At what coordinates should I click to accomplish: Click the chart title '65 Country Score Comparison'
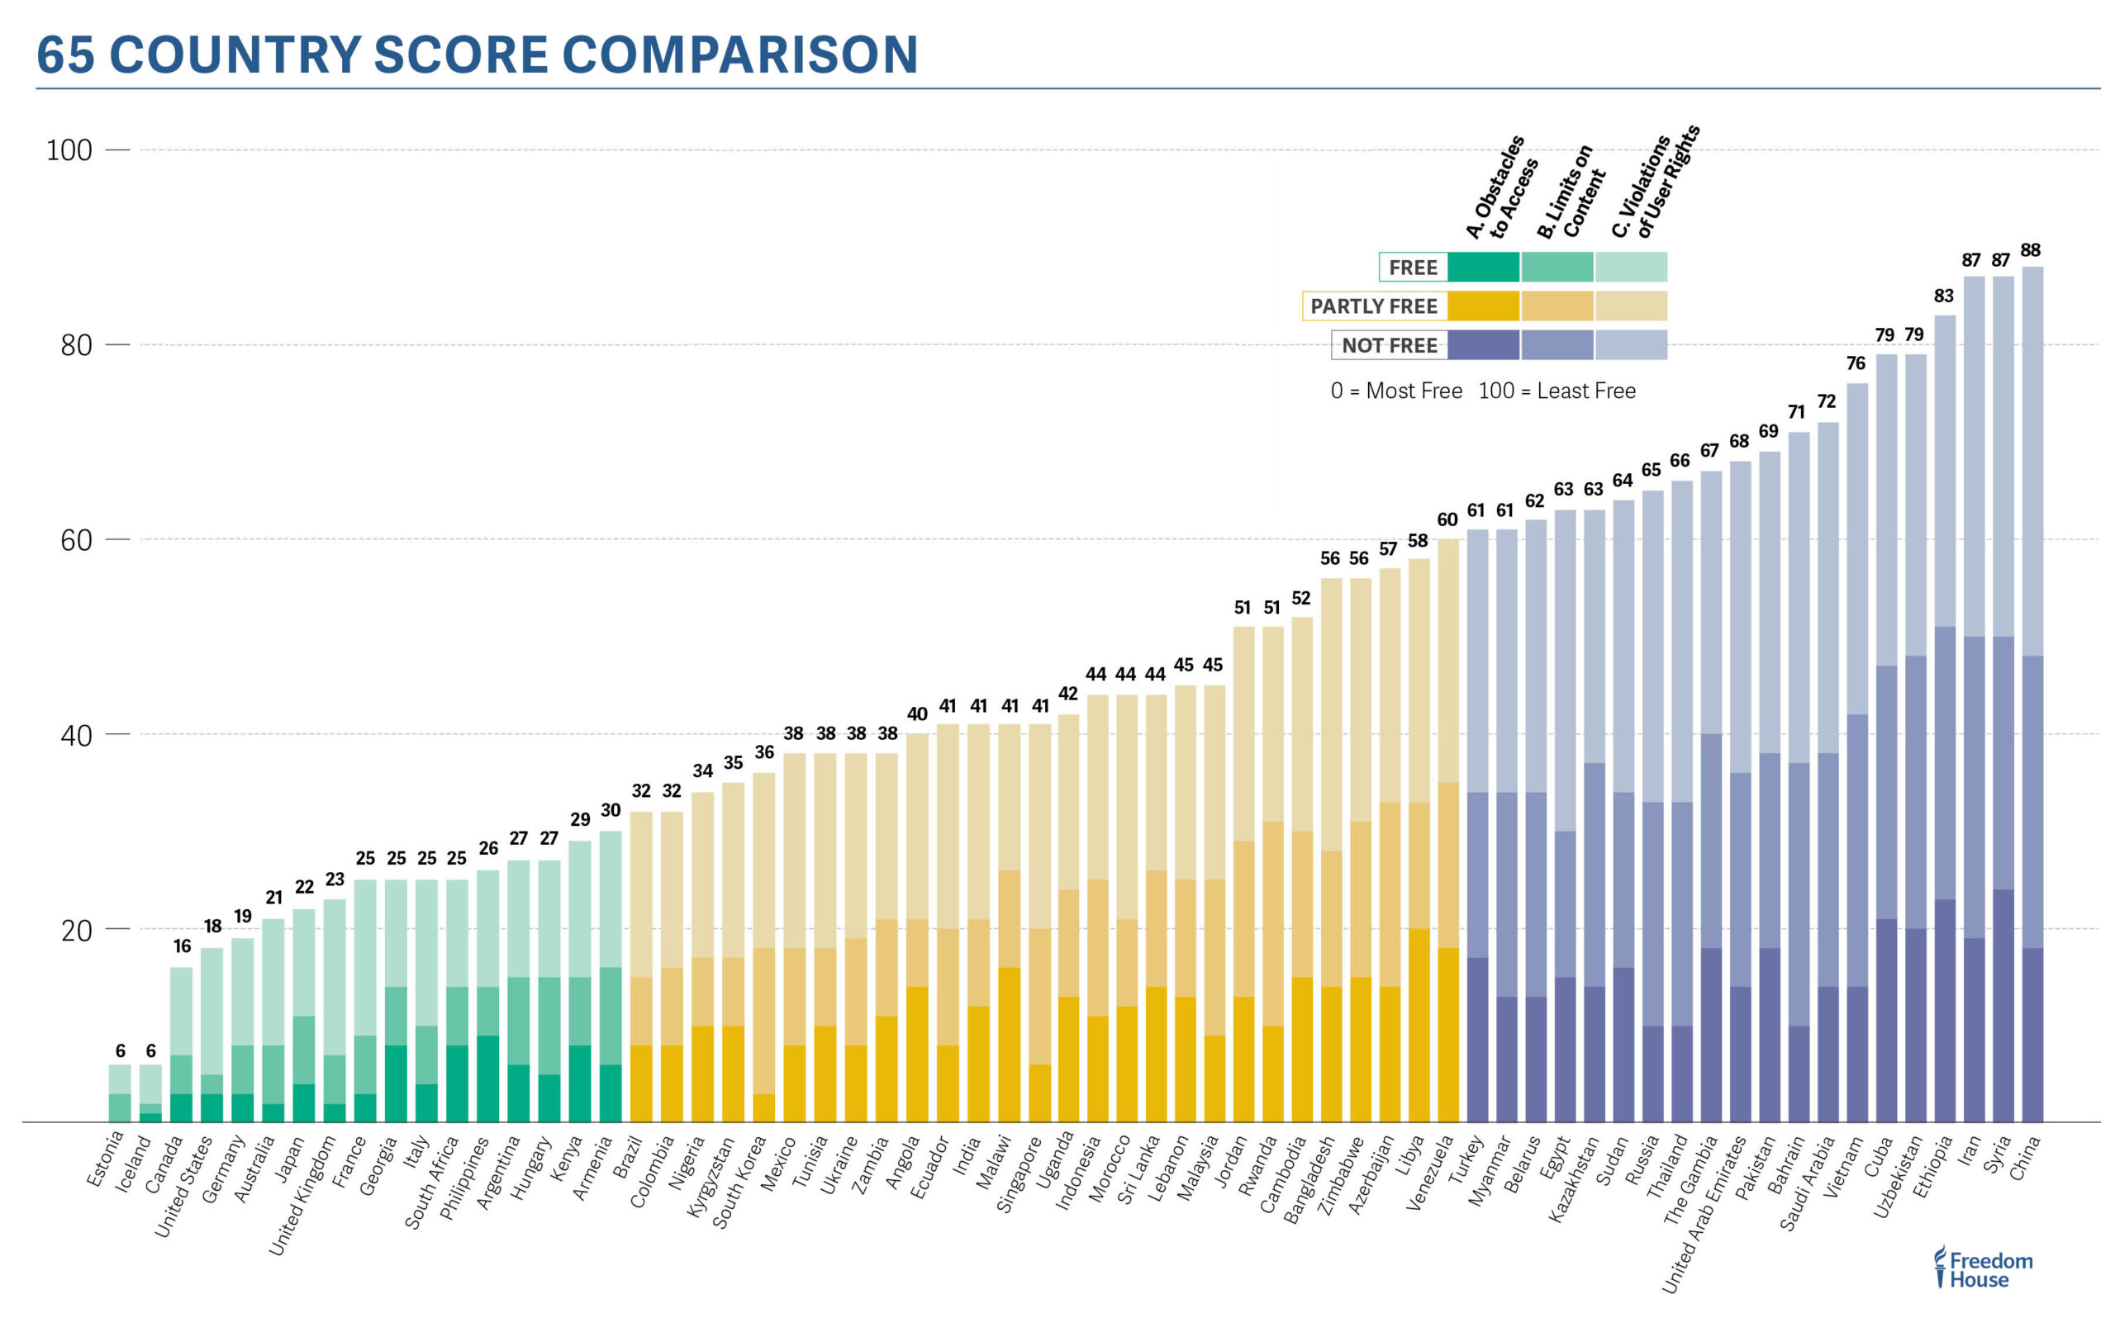pyautogui.click(x=477, y=54)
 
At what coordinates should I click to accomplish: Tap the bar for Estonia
pyautogui.click(x=120, y=1093)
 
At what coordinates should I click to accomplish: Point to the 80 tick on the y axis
pyautogui.click(x=77, y=345)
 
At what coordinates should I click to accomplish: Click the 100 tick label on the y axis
pyautogui.click(x=69, y=150)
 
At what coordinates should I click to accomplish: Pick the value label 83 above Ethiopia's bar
pyautogui.click(x=1943, y=296)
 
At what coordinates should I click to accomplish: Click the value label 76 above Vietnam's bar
pyautogui.click(x=1856, y=363)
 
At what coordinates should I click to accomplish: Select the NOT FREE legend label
pyautogui.click(x=1389, y=345)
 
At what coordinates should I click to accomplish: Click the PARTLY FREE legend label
pyautogui.click(x=1373, y=306)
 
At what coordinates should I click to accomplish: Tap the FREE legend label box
pyautogui.click(x=1412, y=268)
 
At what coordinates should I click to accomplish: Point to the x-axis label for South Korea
pyautogui.click(x=739, y=1181)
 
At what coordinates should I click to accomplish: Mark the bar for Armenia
pyautogui.click(x=611, y=976)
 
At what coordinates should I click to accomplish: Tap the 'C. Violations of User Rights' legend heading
pyautogui.click(x=1655, y=183)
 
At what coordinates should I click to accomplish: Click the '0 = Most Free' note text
pyautogui.click(x=1395, y=391)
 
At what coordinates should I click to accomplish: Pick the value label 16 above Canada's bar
pyautogui.click(x=181, y=946)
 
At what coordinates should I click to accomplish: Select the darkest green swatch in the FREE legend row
pyautogui.click(x=1483, y=268)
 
